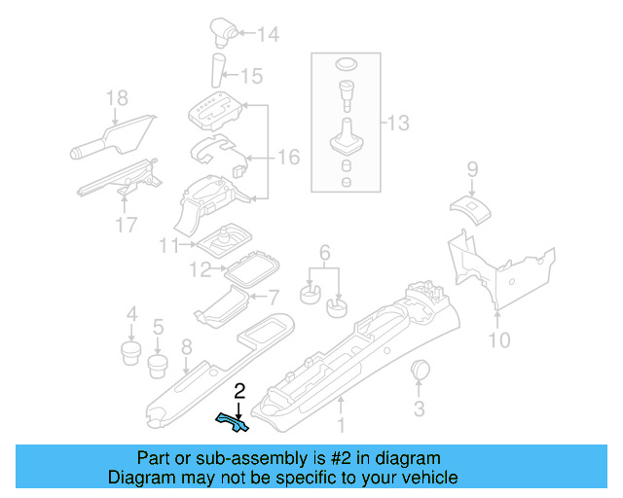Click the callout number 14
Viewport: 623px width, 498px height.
268,36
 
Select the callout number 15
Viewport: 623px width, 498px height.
251,75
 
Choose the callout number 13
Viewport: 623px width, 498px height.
398,124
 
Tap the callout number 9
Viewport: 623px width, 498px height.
472,169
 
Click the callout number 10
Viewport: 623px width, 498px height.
498,340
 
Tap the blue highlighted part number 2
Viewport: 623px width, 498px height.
232,421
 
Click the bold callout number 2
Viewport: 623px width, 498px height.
239,391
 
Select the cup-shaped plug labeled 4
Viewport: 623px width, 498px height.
130,347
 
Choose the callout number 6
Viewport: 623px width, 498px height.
324,251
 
